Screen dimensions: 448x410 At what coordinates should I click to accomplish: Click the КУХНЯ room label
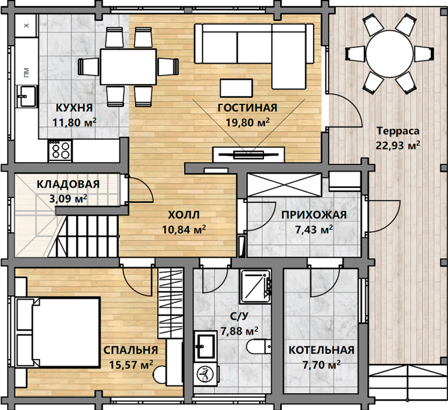coord(74,108)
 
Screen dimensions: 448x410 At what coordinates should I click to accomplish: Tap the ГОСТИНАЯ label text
coord(248,108)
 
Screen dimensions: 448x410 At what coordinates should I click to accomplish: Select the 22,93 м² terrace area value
coord(398,145)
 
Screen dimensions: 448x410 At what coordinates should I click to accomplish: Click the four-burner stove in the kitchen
coord(61,151)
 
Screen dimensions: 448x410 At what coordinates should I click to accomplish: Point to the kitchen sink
coord(27,96)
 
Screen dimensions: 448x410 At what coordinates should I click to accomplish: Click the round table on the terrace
coord(390,54)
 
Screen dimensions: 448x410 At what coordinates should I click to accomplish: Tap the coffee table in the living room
coord(236,88)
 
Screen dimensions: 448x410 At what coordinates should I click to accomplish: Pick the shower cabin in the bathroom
coord(255,286)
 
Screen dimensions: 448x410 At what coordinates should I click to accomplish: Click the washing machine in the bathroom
coord(205,374)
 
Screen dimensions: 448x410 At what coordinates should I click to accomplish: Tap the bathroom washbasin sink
coord(205,346)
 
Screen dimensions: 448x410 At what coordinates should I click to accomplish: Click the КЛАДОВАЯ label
coord(68,184)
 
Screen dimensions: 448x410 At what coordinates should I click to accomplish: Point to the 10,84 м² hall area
coord(184,229)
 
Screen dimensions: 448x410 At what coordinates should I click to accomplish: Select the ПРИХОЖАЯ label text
coord(314,215)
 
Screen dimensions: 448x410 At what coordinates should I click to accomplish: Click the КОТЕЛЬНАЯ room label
coord(321,350)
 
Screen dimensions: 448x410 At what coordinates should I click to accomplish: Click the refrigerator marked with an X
coord(26,26)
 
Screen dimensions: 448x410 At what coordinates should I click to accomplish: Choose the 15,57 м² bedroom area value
coord(131,364)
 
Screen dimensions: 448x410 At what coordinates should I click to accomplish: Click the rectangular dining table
coord(128,67)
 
